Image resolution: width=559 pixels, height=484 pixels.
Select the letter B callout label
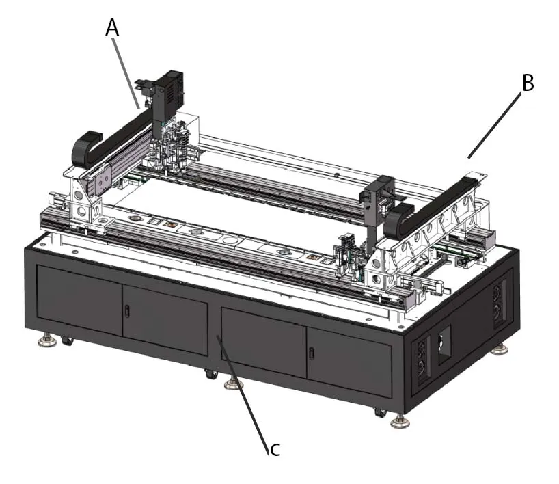coord(527,83)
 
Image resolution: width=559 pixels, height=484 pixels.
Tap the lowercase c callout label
coord(274,448)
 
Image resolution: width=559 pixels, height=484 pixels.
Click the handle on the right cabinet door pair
coord(312,353)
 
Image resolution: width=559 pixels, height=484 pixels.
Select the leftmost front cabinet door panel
coord(79,301)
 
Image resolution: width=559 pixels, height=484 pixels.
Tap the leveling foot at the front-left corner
coord(47,340)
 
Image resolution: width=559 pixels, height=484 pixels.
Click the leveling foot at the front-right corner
coord(400,420)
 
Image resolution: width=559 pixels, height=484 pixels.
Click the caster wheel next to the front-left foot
coord(67,340)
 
